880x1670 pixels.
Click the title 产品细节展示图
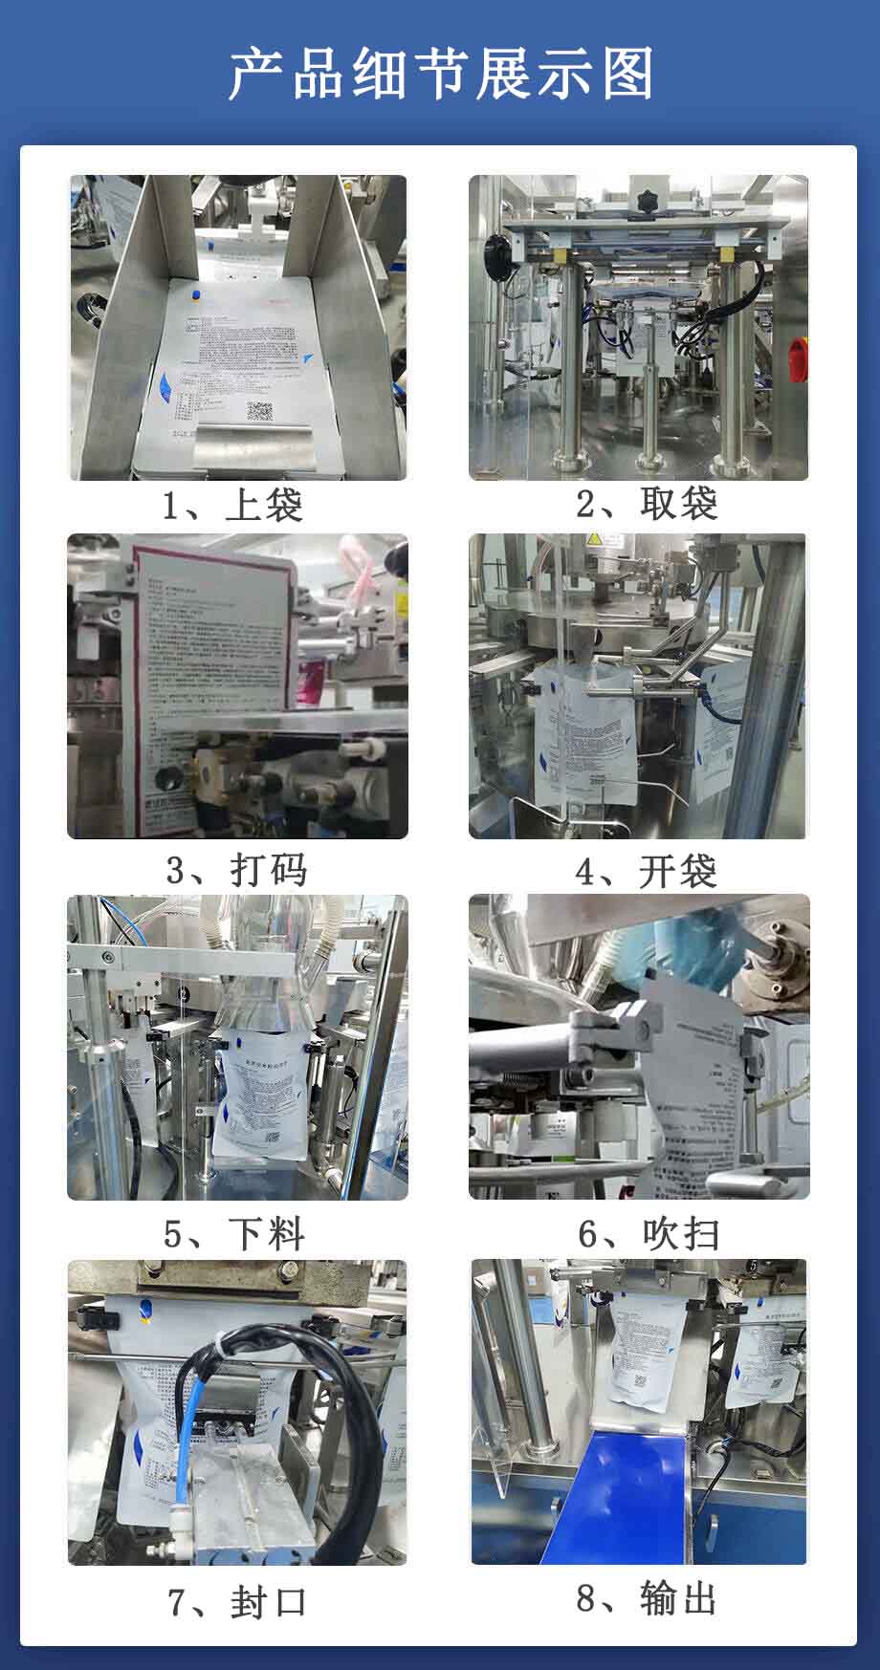tap(440, 74)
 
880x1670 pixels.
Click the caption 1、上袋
tap(232, 505)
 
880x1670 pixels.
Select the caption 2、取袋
tap(647, 503)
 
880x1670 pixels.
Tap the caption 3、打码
tap(236, 869)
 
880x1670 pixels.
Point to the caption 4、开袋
tap(646, 870)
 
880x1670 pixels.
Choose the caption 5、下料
tap(234, 1233)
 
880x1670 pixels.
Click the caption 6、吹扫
tap(648, 1233)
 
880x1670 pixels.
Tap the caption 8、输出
tap(647, 1597)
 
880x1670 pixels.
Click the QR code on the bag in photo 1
tap(260, 412)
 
